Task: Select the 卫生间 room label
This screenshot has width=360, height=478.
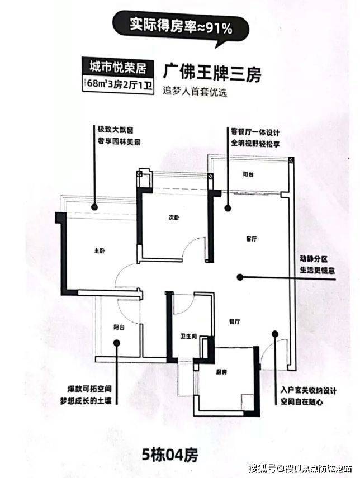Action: coord(186,336)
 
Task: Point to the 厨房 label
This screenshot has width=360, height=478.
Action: coord(221,371)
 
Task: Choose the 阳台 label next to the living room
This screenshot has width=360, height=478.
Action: coord(249,175)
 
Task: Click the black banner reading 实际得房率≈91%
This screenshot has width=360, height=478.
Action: coord(181,26)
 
